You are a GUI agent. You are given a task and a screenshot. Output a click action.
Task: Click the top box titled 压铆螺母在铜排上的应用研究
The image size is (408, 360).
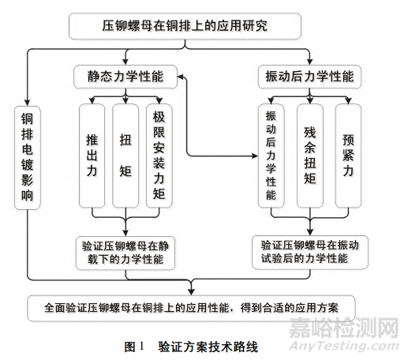point(185,25)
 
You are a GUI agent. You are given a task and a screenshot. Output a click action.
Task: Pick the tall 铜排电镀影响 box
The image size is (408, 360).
point(28,158)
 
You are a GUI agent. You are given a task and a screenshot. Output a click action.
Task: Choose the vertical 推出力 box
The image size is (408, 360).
point(92,156)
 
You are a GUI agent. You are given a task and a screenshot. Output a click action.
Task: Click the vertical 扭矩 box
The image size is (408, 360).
point(125,156)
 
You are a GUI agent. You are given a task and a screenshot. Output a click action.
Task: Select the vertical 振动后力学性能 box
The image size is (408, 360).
point(271,156)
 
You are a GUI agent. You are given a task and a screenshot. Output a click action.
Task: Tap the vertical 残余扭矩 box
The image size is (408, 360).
point(310,156)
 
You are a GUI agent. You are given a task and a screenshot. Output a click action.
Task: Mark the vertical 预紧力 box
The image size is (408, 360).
point(347,156)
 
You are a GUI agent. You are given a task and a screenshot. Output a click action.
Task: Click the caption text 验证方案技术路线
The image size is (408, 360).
point(208,346)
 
